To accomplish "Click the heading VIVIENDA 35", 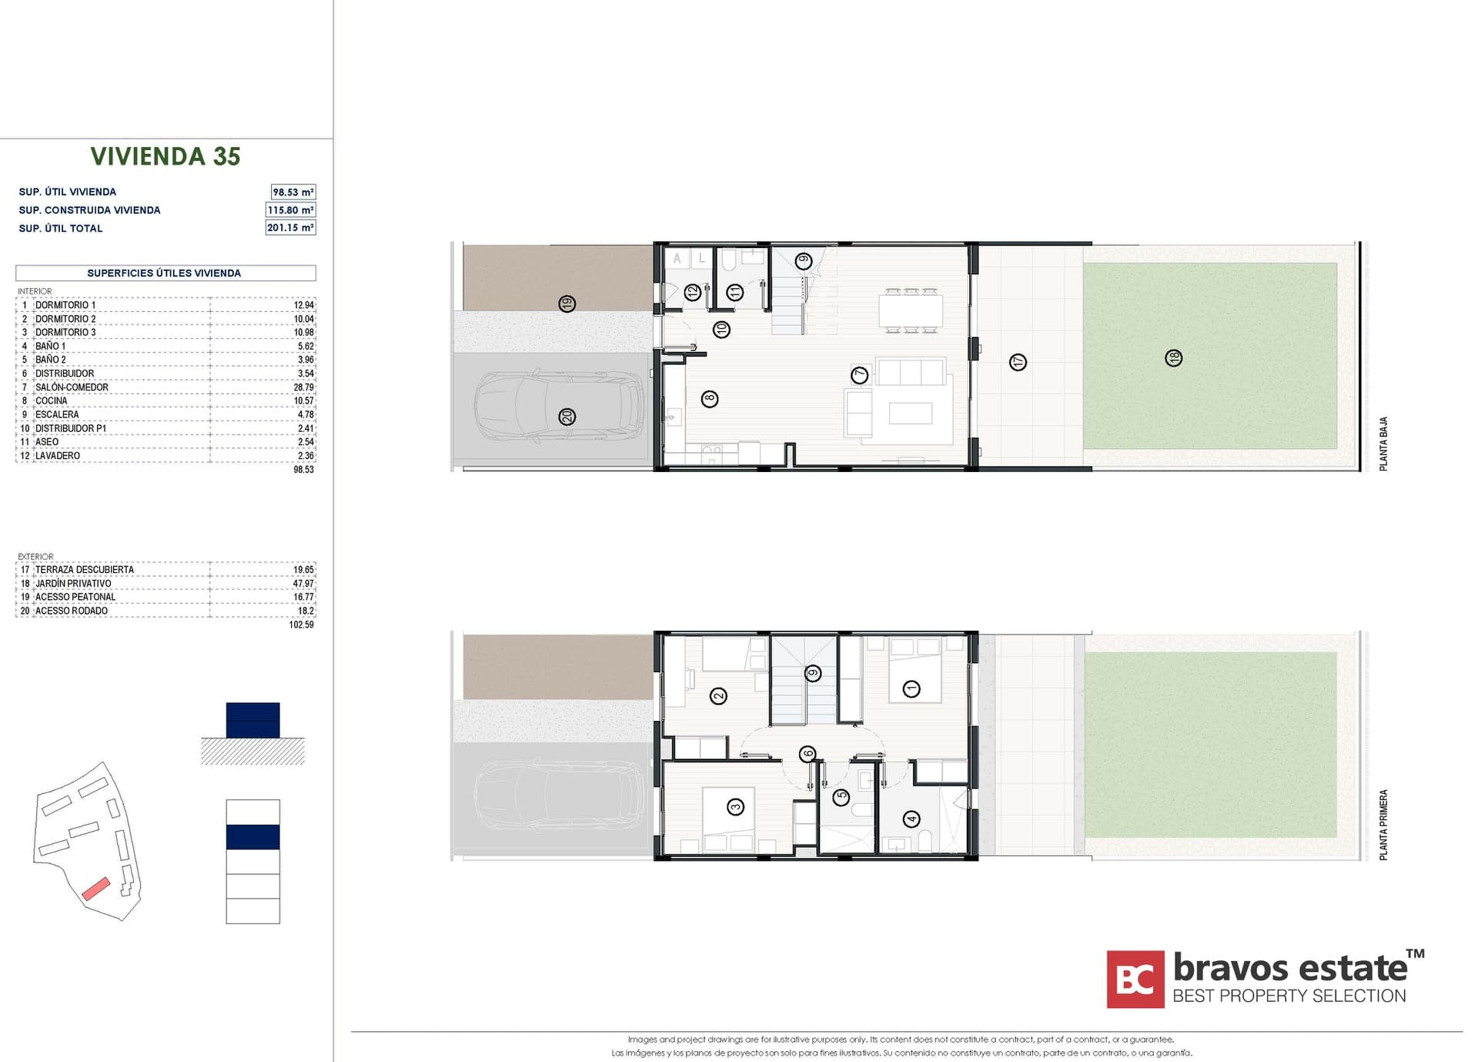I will tap(166, 156).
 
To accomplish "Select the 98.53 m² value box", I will tap(293, 192).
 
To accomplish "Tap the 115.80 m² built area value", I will tap(290, 209).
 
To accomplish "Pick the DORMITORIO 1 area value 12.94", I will tap(303, 305).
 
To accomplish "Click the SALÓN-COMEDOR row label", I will tap(72, 387).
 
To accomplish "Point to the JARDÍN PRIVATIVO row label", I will tap(73, 584).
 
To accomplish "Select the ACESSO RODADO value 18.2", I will tap(306, 611).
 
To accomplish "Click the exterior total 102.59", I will tap(301, 625).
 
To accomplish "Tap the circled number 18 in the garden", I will tap(1173, 358).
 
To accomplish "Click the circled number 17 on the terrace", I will tap(1018, 362).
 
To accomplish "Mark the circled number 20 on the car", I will tap(567, 417).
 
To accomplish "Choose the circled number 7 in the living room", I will tap(859, 375).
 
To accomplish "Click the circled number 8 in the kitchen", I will tap(710, 399).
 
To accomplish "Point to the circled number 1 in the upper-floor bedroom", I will tap(911, 688).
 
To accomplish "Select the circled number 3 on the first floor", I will tap(735, 807).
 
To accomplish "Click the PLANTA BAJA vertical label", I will tap(1383, 444).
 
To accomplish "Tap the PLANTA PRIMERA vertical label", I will tap(1383, 825).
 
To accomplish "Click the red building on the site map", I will tap(96, 889).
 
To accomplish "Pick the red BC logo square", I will tap(1135, 980).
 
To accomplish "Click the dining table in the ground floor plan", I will tap(911, 310).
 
